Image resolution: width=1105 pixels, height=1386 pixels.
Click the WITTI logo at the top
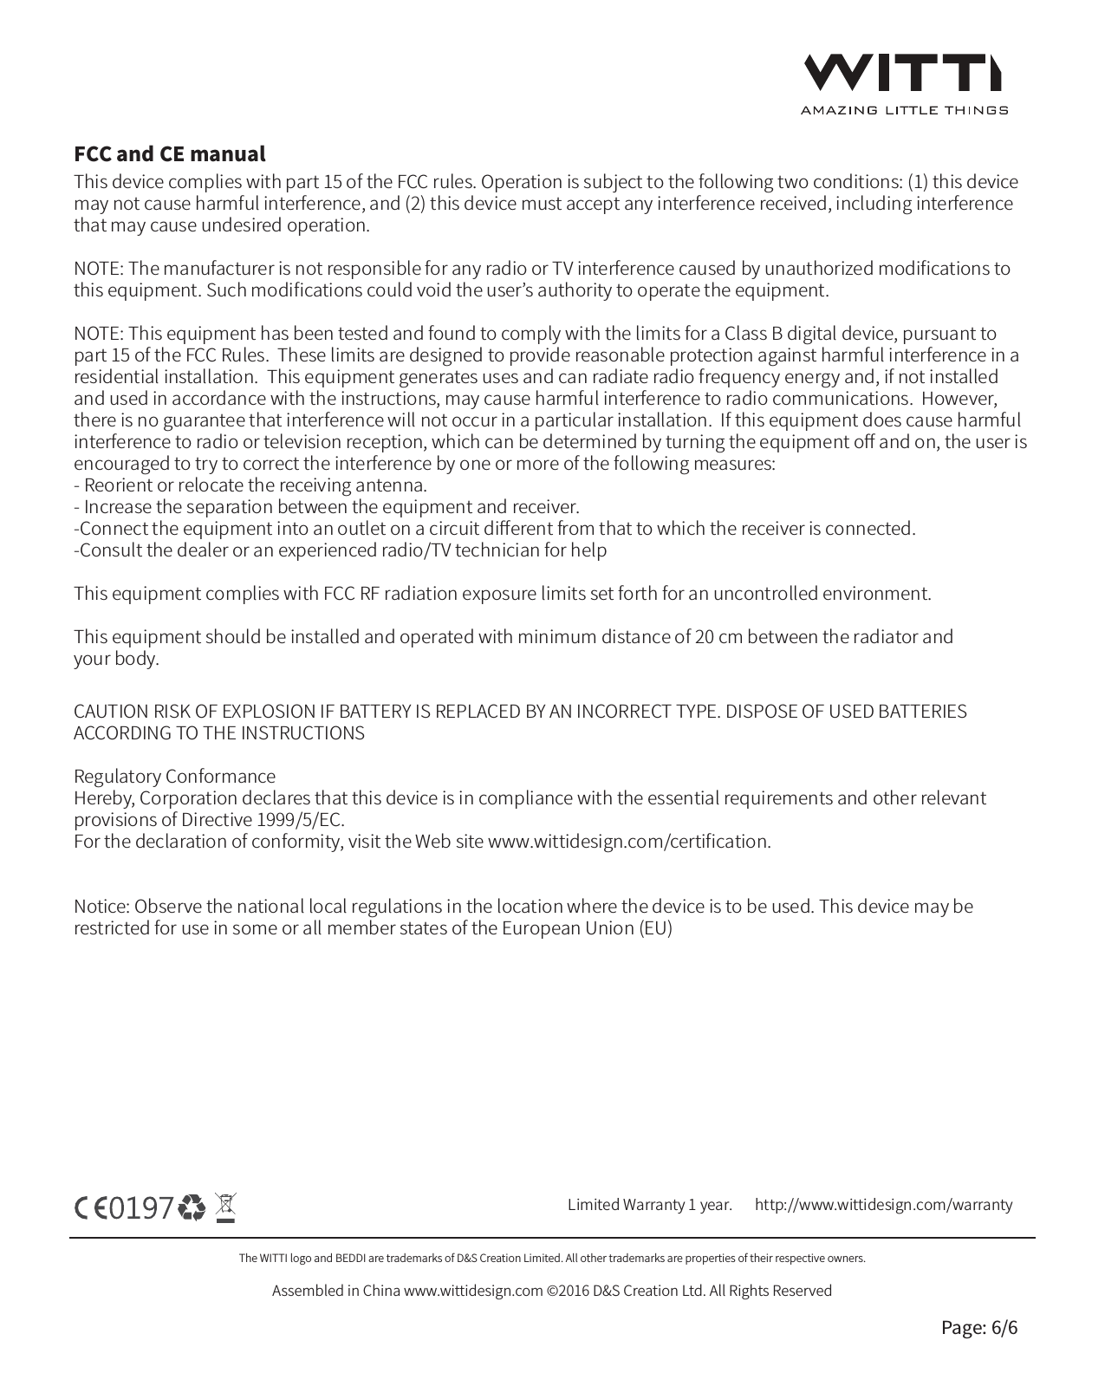(x=903, y=73)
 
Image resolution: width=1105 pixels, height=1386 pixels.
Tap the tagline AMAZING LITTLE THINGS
(x=903, y=110)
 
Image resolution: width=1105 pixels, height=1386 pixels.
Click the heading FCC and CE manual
(x=169, y=154)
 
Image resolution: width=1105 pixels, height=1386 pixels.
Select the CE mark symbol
(x=90, y=1207)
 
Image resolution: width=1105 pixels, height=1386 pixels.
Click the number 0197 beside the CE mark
(x=141, y=1207)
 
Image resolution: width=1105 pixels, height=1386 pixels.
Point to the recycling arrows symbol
(x=192, y=1207)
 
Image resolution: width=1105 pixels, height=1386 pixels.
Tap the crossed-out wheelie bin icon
(x=225, y=1207)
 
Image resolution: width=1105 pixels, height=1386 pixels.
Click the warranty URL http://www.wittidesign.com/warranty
(x=883, y=1204)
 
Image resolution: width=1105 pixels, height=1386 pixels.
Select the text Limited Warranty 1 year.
(x=649, y=1204)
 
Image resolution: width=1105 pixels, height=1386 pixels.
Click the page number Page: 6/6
(x=979, y=1327)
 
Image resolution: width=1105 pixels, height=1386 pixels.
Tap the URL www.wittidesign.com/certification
(x=628, y=842)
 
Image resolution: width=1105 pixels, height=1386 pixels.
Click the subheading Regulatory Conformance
(x=174, y=776)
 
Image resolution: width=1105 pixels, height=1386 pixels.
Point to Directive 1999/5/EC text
(x=263, y=820)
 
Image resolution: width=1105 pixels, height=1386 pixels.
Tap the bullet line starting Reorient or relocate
(x=251, y=485)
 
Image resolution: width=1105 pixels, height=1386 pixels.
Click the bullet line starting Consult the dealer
(x=340, y=550)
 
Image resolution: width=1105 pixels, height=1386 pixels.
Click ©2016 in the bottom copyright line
(x=567, y=1291)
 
